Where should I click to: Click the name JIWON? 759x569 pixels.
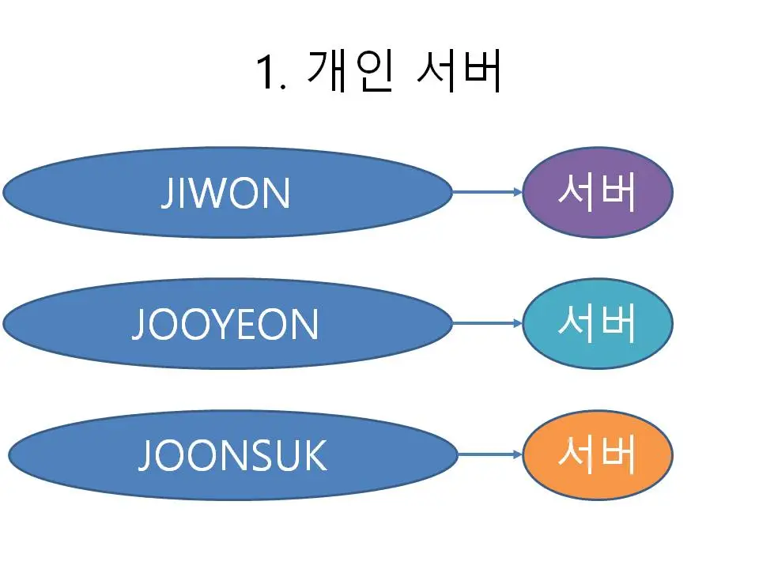tap(225, 194)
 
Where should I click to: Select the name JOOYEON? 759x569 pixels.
tap(225, 324)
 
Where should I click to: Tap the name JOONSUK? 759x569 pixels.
tap(232, 455)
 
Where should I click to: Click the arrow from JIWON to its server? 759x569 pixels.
tap(486, 192)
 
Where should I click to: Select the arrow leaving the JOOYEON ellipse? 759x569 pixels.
tap(486, 323)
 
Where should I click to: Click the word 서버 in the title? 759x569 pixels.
tap(459, 72)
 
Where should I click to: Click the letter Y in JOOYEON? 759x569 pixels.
tap(228, 324)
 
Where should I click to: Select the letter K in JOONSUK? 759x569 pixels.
tap(313, 455)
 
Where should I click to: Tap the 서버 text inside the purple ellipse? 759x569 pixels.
tap(598, 192)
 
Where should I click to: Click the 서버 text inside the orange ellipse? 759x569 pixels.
tap(598, 454)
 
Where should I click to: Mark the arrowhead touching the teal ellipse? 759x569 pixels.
tap(517, 323)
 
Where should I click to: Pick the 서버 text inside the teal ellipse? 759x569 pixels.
tap(598, 323)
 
